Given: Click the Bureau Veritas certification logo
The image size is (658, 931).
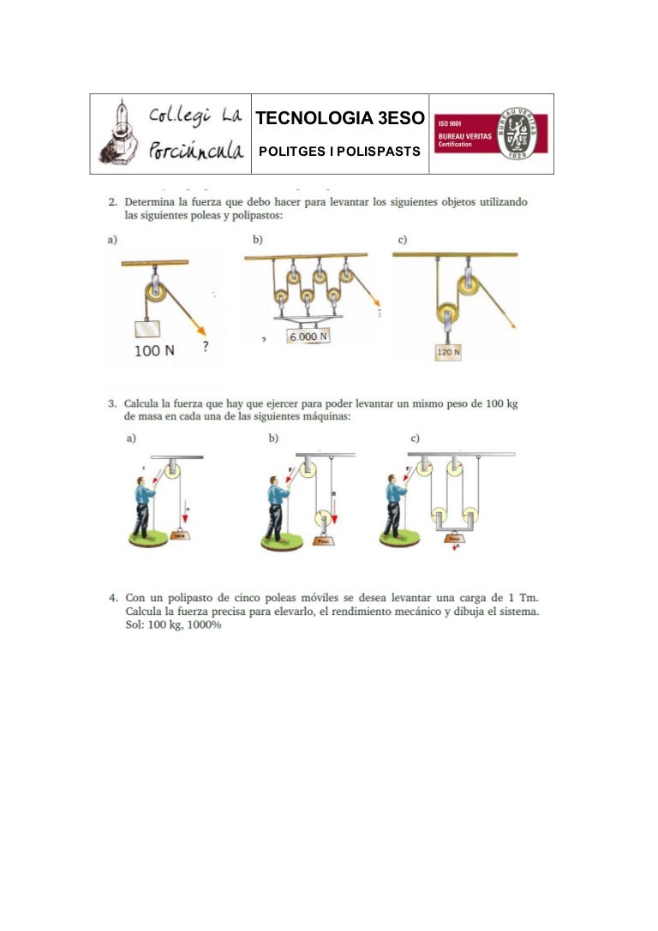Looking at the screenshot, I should tap(491, 134).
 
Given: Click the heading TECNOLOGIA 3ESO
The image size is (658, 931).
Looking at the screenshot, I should tap(339, 117).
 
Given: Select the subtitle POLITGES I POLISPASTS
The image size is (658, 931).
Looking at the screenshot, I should tap(339, 152).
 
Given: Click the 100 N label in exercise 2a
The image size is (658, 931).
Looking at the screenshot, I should tap(154, 351).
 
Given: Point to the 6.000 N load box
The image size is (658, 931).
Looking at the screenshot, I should tap(308, 337).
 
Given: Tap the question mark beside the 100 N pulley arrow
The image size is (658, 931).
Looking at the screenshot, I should tap(206, 346).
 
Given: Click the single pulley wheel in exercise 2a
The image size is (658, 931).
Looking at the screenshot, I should tap(157, 292).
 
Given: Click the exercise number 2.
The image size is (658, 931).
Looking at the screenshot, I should tap(112, 202).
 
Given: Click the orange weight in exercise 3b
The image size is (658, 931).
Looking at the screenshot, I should tap(323, 541).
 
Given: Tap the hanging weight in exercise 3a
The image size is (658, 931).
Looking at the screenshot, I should tap(181, 535).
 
